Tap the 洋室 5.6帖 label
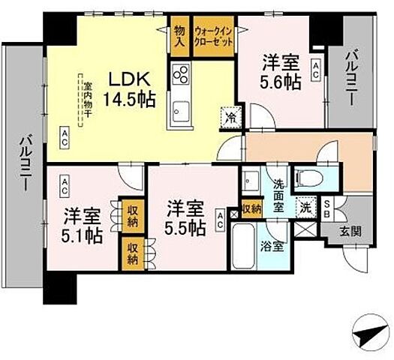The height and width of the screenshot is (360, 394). [281, 72]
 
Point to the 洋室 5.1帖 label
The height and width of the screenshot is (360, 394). [82, 225]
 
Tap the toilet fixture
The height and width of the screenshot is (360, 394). [310, 178]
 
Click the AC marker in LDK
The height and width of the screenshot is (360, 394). [65, 135]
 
